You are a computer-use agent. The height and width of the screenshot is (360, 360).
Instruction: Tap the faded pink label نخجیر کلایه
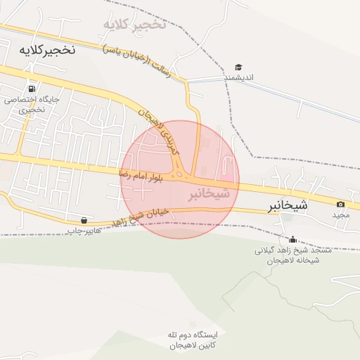click(x=134, y=25)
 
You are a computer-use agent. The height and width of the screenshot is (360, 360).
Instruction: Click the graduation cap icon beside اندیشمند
click(x=238, y=67)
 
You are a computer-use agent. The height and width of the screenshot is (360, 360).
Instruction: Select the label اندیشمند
click(x=239, y=78)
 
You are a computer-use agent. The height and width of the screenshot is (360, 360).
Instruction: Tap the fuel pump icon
click(x=31, y=89)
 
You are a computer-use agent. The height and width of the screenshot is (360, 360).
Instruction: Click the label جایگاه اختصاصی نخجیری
click(x=32, y=104)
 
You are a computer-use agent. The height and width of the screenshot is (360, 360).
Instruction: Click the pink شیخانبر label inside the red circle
click(x=209, y=193)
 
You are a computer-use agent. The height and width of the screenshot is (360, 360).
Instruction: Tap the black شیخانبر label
click(x=288, y=206)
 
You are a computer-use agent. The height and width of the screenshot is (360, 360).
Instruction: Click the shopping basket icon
click(x=84, y=220)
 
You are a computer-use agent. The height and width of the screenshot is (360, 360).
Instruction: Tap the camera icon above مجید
click(x=341, y=205)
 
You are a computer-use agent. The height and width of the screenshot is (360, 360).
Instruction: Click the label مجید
click(x=341, y=214)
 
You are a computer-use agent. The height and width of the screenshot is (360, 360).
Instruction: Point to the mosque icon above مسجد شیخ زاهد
click(x=292, y=239)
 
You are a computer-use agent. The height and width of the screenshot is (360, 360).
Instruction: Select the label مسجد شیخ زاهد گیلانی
click(x=287, y=250)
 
